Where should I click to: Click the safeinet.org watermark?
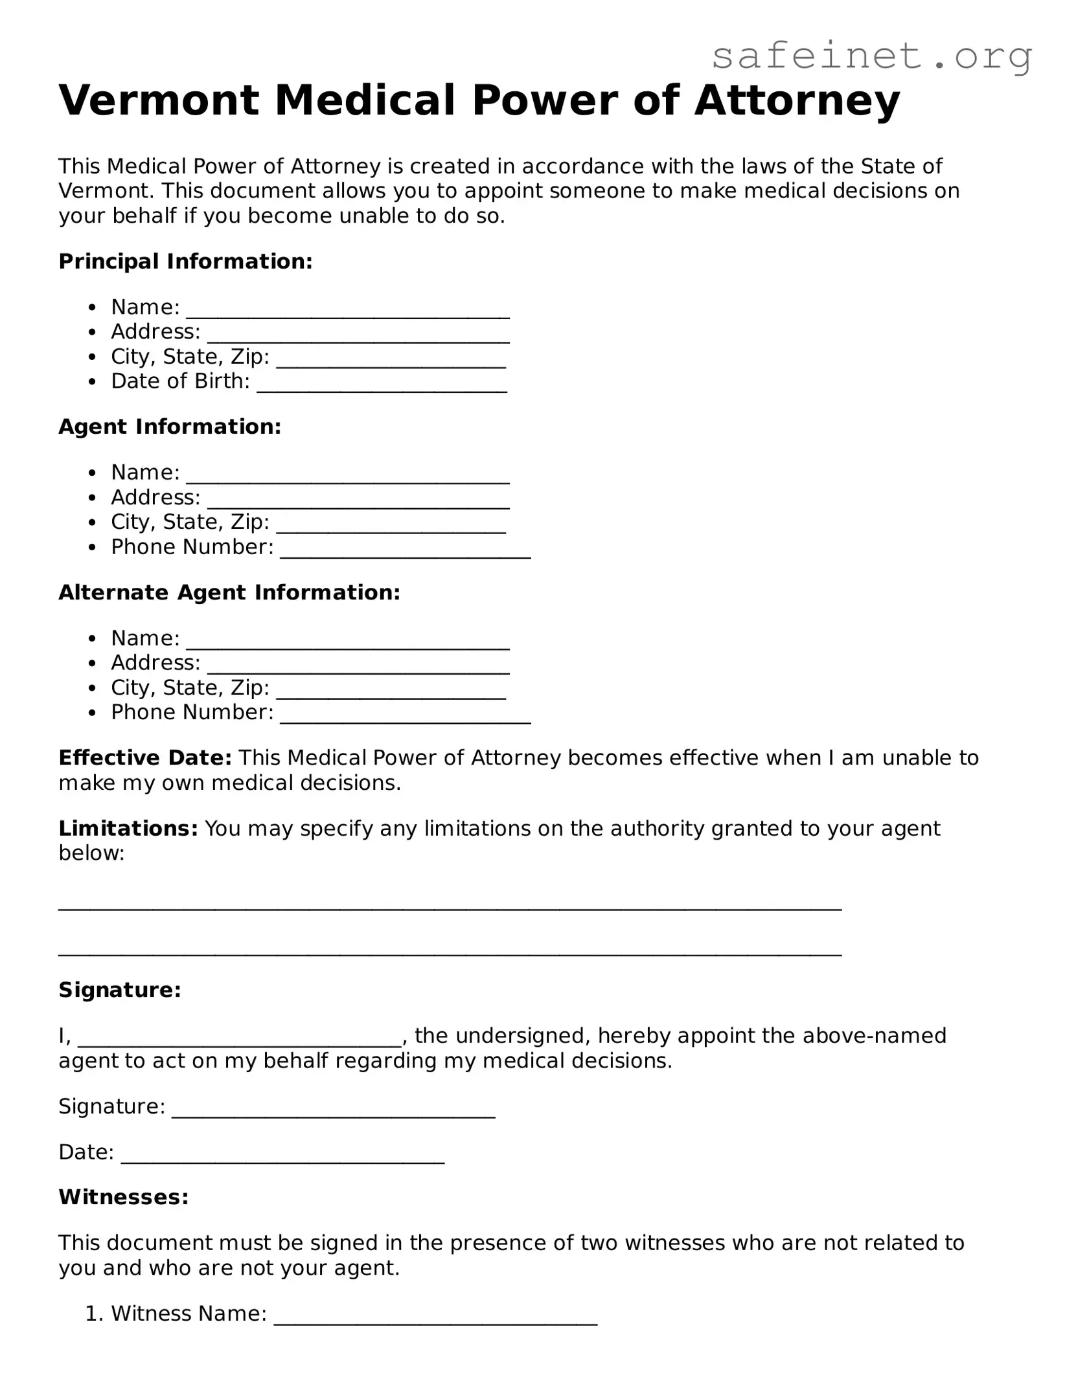click(871, 57)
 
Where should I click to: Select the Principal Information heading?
click(185, 262)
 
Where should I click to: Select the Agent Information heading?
click(170, 427)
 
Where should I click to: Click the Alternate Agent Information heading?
click(229, 592)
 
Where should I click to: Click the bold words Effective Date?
click(145, 757)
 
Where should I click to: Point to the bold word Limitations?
click(128, 828)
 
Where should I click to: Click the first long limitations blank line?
click(450, 905)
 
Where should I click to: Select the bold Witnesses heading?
click(124, 1197)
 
